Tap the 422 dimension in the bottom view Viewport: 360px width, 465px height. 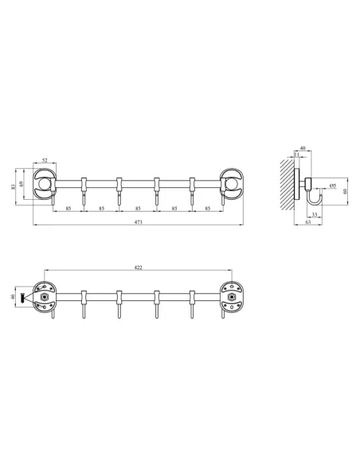pyautogui.click(x=139, y=268)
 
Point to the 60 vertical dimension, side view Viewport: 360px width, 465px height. pyautogui.click(x=346, y=191)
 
